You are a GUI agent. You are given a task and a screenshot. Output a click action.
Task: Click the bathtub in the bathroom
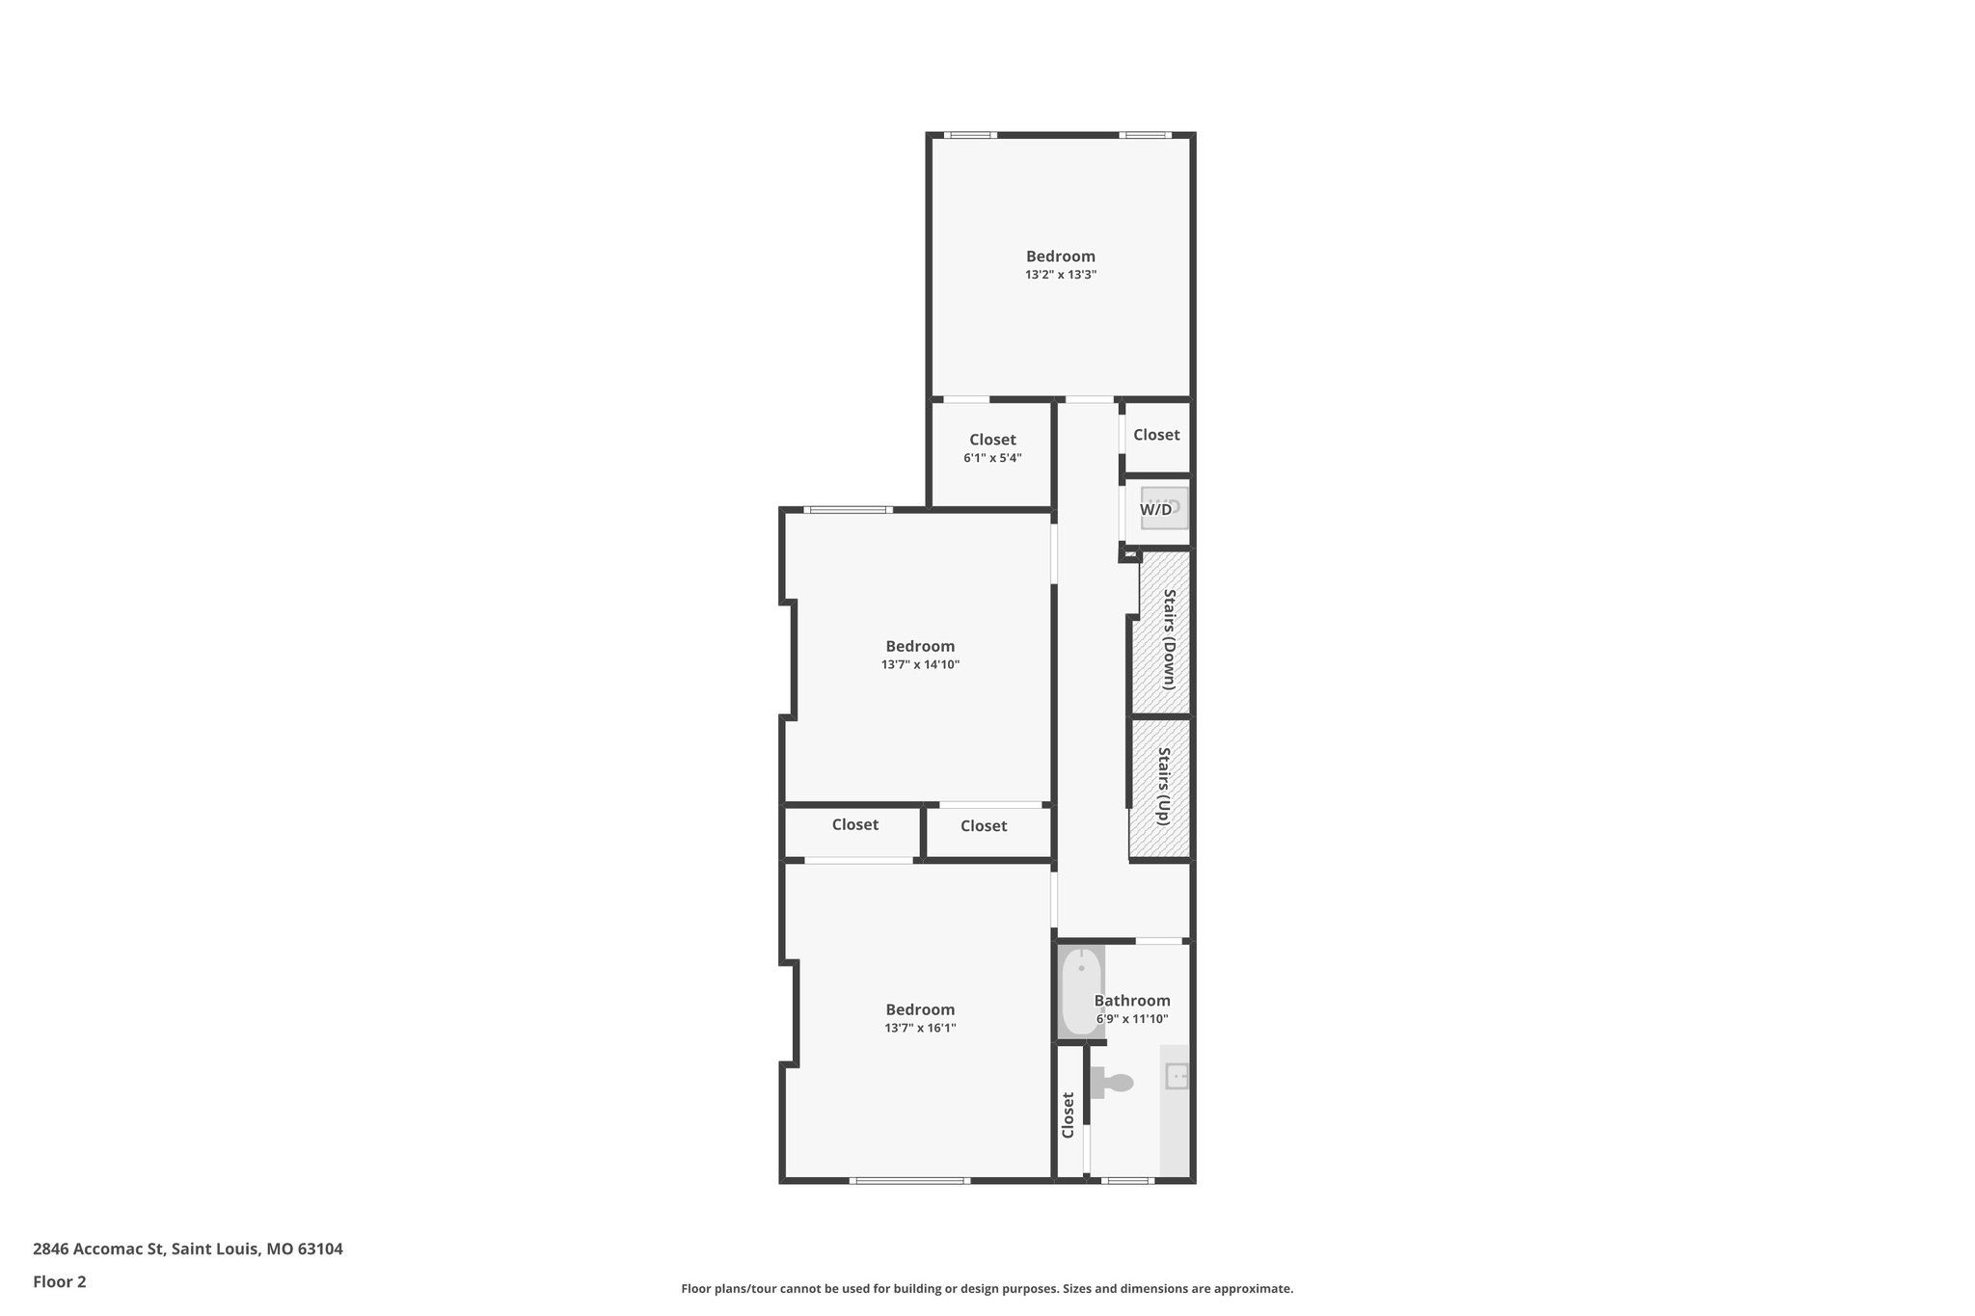(x=1081, y=992)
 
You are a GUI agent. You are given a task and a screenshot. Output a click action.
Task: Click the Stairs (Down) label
(x=1169, y=638)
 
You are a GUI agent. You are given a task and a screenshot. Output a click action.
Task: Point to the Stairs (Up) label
(x=1164, y=786)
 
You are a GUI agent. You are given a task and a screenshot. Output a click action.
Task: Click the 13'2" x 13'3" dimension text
(x=1061, y=275)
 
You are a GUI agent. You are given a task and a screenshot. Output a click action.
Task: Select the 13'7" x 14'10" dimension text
(x=920, y=664)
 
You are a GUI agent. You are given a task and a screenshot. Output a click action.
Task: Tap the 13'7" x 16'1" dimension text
(x=920, y=1028)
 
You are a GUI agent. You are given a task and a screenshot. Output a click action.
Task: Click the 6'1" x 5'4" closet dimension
(x=992, y=458)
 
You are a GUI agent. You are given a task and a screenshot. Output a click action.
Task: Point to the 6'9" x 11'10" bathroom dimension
(x=1132, y=1019)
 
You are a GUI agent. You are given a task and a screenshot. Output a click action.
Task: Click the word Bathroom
(x=1132, y=1001)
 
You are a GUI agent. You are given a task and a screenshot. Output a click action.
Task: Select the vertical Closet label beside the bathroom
(x=1068, y=1115)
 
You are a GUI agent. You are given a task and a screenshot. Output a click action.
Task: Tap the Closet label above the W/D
(x=1156, y=435)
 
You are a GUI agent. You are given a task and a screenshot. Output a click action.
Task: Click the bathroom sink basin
(x=1177, y=1075)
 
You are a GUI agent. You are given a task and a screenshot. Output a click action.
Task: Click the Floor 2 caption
(x=60, y=1281)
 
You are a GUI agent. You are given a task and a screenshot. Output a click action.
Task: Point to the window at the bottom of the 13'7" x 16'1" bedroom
(x=909, y=1180)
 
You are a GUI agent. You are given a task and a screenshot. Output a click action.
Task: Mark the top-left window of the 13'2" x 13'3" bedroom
(x=970, y=135)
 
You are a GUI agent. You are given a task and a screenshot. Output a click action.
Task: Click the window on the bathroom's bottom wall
(x=1126, y=1180)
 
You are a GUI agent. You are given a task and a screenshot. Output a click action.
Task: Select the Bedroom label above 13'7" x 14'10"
(x=920, y=646)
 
